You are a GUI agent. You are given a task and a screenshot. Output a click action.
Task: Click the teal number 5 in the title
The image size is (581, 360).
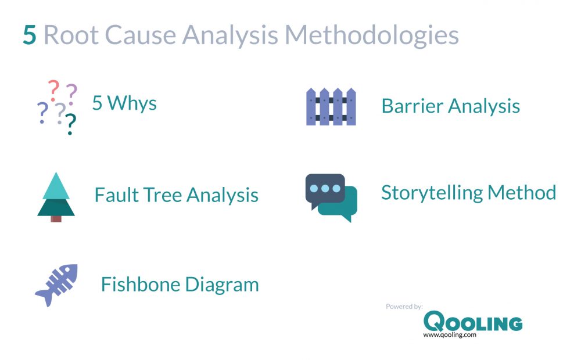tap(30, 35)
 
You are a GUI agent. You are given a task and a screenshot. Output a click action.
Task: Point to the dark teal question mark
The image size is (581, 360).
tap(70, 124)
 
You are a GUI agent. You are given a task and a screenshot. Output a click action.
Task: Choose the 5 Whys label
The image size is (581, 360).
tap(124, 103)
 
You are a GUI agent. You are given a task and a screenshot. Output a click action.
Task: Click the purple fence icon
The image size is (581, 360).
tap(331, 107)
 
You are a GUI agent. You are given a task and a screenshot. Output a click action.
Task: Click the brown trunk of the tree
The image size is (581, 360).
tap(56, 218)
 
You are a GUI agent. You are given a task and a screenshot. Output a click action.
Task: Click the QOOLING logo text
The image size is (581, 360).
tap(472, 322)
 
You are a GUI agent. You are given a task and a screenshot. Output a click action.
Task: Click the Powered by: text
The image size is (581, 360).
tap(404, 306)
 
